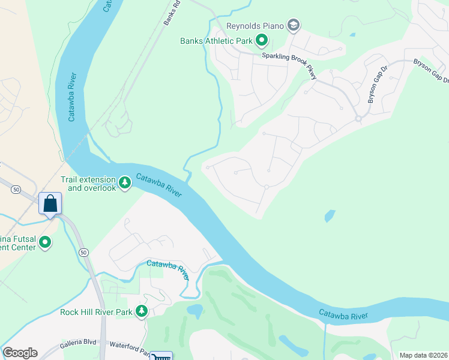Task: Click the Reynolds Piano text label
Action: coord(255,26)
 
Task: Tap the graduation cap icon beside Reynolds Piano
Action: coord(294,25)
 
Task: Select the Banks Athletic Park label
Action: coord(216,41)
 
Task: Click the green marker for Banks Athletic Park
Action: coord(262,41)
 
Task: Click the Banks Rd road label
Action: coord(172,13)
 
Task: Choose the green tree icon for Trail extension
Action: coord(125,182)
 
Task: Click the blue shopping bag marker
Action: coord(50,203)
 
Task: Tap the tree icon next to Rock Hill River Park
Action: coord(142,311)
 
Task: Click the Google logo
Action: coord(20,353)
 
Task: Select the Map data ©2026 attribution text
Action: coord(423,355)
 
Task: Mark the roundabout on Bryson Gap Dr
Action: coord(358,119)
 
